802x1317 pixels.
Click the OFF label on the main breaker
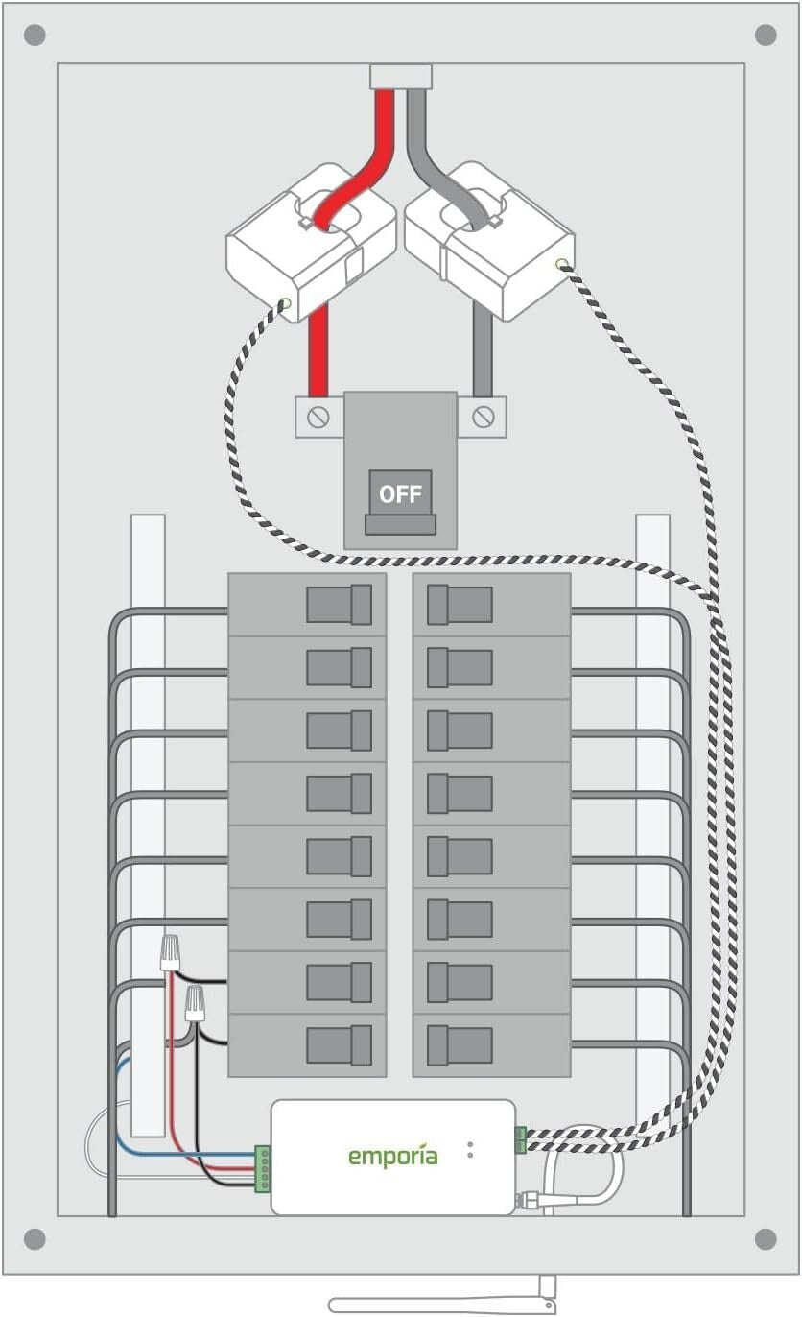(x=400, y=494)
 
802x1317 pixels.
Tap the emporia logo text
(x=392, y=1156)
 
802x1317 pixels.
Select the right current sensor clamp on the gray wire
(x=489, y=240)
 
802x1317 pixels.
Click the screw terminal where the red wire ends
(x=318, y=418)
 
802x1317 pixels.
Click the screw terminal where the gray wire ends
(x=483, y=417)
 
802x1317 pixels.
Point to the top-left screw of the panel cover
(x=34, y=36)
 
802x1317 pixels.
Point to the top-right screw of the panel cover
(x=766, y=36)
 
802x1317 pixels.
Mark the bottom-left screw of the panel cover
(x=34, y=1239)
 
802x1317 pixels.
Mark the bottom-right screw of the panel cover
(x=766, y=1239)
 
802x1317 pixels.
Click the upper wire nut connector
(x=172, y=952)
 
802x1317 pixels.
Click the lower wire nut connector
(x=196, y=1003)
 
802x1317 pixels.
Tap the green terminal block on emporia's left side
(x=262, y=1168)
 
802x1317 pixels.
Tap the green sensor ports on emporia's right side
(x=520, y=1139)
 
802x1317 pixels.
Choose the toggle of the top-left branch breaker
(x=340, y=605)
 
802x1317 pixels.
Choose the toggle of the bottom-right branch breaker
(x=459, y=1044)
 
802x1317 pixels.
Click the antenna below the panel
(x=441, y=1304)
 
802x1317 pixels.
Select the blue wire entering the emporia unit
(x=182, y=1152)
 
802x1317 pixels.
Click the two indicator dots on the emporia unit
(x=470, y=1149)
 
